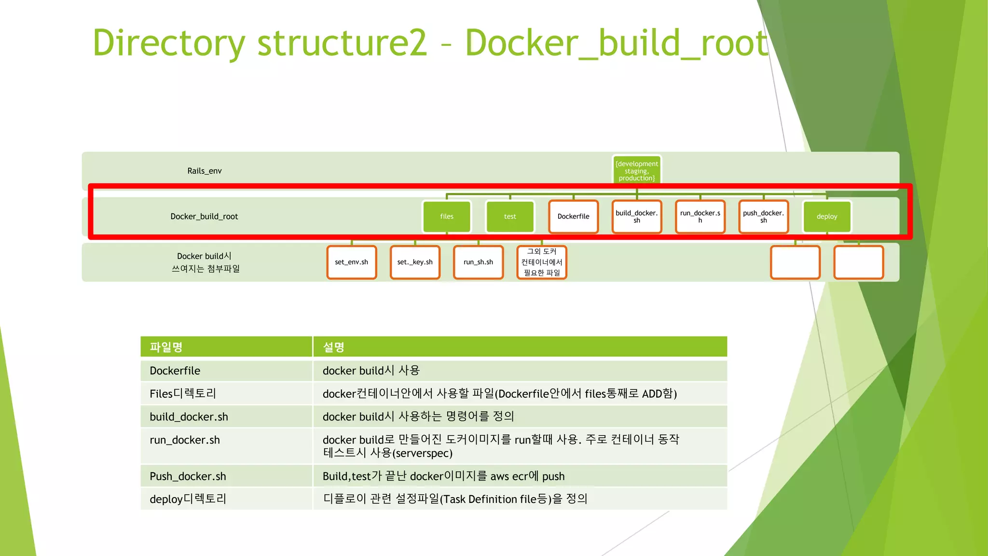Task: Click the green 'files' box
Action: [x=446, y=217]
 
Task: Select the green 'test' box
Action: [x=510, y=217]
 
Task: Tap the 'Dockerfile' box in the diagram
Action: [x=573, y=217]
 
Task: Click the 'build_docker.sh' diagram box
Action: [x=636, y=217]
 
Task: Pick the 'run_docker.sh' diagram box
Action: [x=700, y=217]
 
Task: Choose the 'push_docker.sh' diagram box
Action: [x=763, y=217]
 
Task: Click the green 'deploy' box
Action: [x=826, y=217]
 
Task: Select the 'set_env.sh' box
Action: [x=351, y=262]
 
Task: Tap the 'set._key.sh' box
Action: [x=415, y=262]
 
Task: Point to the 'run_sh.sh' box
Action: [x=478, y=262]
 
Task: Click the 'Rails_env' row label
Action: [x=205, y=171]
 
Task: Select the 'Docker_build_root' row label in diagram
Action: [x=204, y=217]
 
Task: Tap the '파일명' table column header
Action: [x=166, y=347]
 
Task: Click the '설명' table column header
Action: [x=333, y=347]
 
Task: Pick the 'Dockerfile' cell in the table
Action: [x=175, y=371]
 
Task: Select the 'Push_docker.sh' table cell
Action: [x=188, y=476]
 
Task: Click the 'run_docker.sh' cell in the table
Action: [x=185, y=440]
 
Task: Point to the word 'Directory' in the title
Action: [x=169, y=43]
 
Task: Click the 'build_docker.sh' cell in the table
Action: [x=189, y=417]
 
